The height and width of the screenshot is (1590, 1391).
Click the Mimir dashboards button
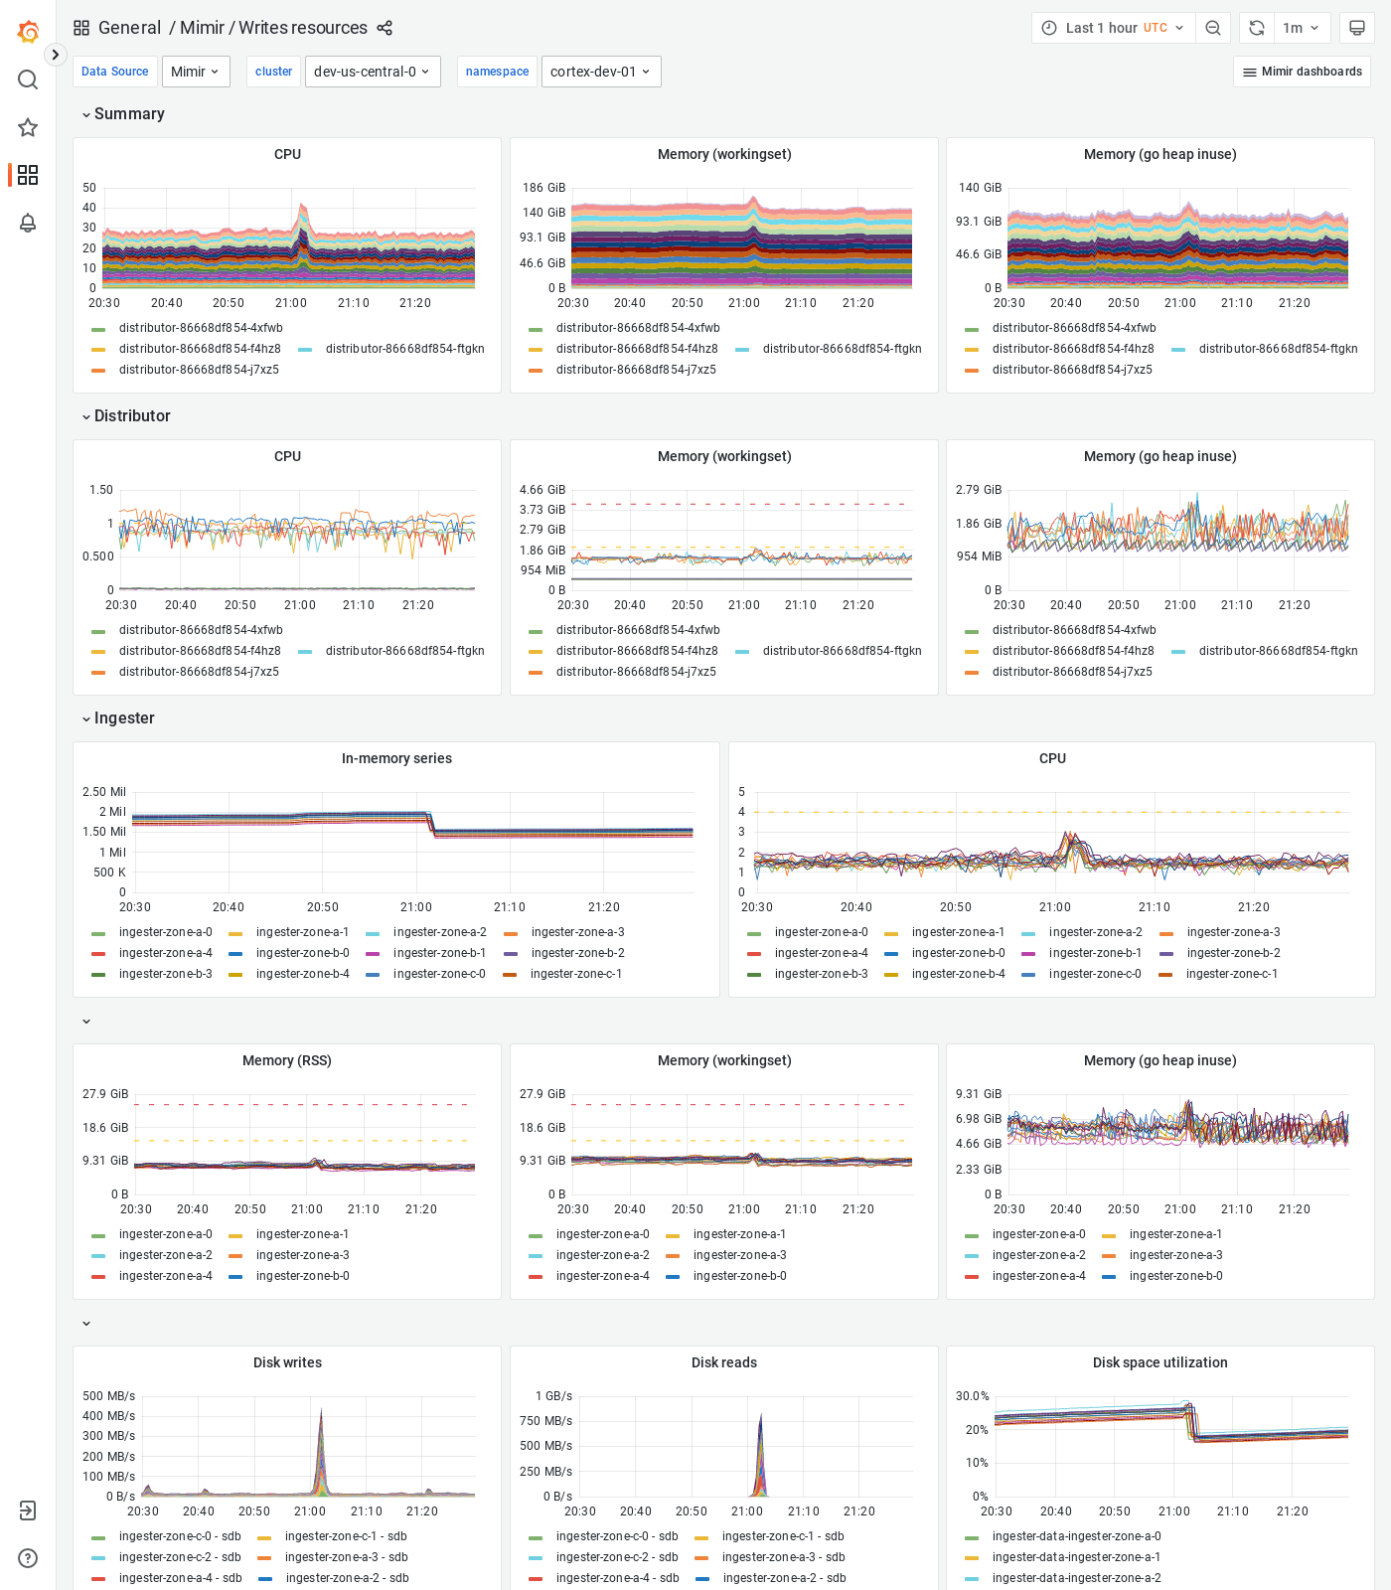tap(1302, 72)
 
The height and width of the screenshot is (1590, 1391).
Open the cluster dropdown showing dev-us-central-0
tap(373, 72)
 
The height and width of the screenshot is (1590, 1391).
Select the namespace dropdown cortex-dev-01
tap(600, 72)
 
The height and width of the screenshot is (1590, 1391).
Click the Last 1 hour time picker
tap(1112, 28)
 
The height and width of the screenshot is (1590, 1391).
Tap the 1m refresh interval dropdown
tap(1301, 28)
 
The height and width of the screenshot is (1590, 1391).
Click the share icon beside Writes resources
tap(385, 28)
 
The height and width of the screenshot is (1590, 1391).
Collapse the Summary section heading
tap(129, 114)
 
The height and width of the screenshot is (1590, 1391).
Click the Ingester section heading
tap(124, 718)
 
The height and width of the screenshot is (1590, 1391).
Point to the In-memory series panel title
tap(396, 758)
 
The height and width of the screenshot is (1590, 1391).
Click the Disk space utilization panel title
tap(1159, 1362)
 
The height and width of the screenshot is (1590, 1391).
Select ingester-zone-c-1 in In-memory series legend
tap(575, 974)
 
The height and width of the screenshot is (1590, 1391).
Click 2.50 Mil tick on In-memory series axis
tap(104, 792)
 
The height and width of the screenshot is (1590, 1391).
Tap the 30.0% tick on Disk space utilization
tap(972, 1396)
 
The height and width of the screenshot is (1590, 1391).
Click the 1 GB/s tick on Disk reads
tap(553, 1396)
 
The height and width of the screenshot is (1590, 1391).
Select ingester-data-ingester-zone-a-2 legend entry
tap(1076, 1578)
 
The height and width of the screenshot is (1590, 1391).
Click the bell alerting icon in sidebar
tap(28, 223)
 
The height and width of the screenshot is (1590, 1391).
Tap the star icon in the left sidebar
tap(28, 127)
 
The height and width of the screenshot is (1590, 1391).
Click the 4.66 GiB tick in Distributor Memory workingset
tap(542, 490)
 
